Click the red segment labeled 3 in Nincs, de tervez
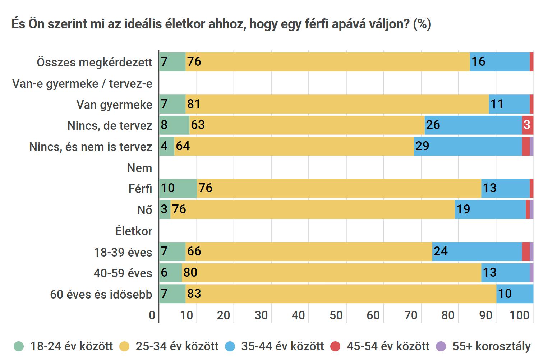click(527, 125)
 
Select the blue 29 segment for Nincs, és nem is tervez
click(468, 146)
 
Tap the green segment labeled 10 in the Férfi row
click(178, 188)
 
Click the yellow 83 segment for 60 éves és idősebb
click(341, 294)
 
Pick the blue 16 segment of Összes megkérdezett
click(499, 62)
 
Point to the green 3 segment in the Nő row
click(165, 209)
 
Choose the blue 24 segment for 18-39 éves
click(477, 251)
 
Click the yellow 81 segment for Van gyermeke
click(337, 104)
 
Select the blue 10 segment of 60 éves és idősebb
click(515, 294)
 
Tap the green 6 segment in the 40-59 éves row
click(170, 273)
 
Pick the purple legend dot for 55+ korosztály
click(441, 346)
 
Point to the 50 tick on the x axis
click(336, 315)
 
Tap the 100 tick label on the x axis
click(520, 315)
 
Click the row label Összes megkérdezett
click(95, 62)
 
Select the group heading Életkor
click(134, 231)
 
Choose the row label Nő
click(145, 210)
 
